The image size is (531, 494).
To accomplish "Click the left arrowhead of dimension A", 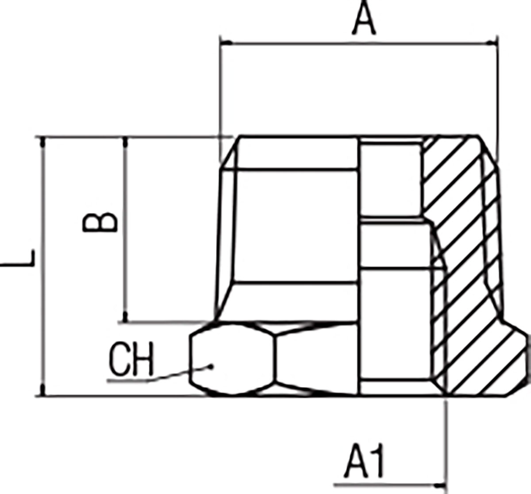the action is pyautogui.click(x=226, y=43).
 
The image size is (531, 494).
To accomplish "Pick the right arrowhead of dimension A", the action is pyautogui.click(x=492, y=43).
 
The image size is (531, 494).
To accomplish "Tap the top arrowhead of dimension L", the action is pyautogui.click(x=42, y=142).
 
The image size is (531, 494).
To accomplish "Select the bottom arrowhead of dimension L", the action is pyautogui.click(x=42, y=390).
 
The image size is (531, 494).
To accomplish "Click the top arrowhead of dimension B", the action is pyautogui.click(x=126, y=142).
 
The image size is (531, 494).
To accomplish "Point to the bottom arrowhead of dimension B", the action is pyautogui.click(x=126, y=316).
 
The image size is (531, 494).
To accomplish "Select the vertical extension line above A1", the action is pyautogui.click(x=444, y=443).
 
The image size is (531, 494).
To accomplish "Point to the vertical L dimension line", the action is pyautogui.click(x=42, y=266).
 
